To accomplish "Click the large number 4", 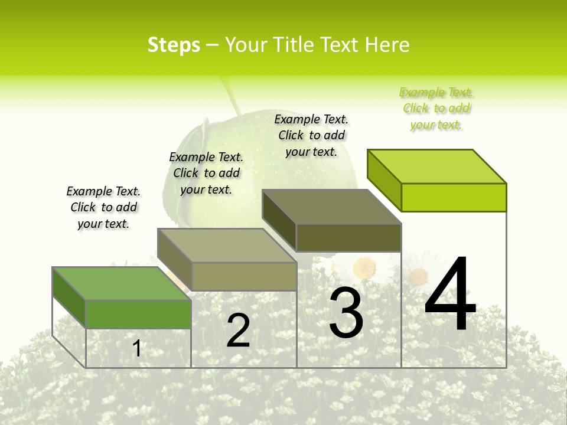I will point(451,295).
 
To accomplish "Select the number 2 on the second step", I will point(239,331).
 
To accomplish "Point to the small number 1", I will point(137,348).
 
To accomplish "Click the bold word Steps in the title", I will point(174,45).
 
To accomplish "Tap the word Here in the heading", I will point(387,45).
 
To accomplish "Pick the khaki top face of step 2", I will point(227,246).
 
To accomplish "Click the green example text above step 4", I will point(436,108).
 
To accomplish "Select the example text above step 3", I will point(311,135).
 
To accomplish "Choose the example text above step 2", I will point(206,173).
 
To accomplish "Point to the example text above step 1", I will point(103,207).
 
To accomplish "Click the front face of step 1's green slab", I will point(138,314).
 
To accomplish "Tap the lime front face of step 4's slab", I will point(454,197).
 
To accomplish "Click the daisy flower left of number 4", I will point(418,275).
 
